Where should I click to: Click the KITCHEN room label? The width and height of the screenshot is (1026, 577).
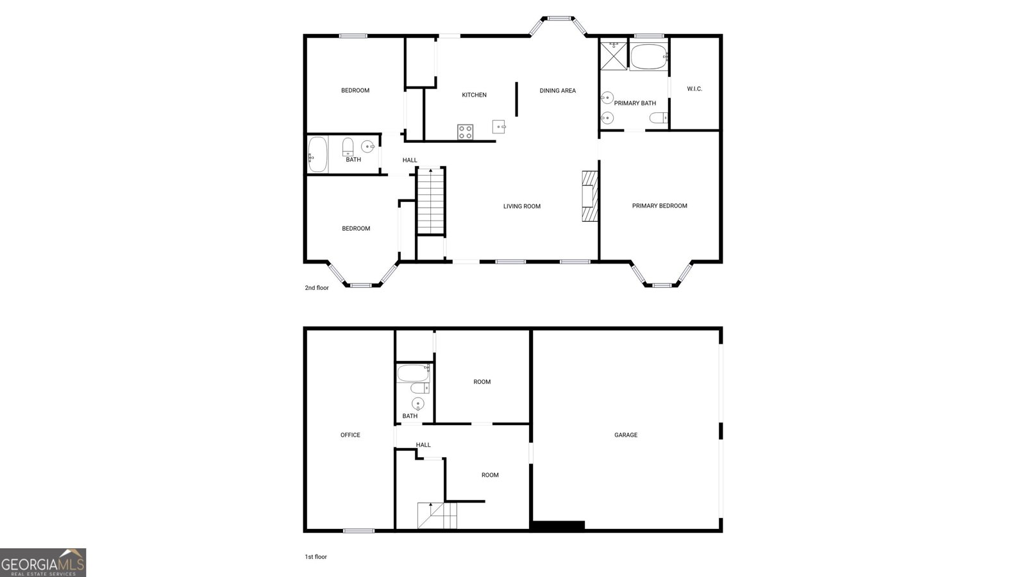(475, 95)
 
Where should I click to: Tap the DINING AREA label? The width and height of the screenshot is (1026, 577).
(557, 90)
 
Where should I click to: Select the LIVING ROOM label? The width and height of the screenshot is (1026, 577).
(521, 206)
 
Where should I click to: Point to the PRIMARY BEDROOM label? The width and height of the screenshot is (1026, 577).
(659, 206)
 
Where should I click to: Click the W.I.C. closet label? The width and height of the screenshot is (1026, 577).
(694, 88)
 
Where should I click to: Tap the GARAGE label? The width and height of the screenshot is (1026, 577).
(626, 435)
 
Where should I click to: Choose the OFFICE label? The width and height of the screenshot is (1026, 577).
(350, 435)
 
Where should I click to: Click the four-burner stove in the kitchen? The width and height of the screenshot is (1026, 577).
(466, 132)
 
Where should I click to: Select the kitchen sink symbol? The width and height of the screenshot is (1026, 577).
(499, 126)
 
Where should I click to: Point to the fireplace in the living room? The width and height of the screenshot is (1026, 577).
(589, 196)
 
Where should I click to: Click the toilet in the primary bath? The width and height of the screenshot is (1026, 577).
(659, 118)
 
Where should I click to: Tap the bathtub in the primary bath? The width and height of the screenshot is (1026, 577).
(649, 57)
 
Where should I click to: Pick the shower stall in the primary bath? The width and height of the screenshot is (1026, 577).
(613, 55)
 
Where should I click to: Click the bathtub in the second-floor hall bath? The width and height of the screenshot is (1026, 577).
(317, 155)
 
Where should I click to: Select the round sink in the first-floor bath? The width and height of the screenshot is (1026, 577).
(417, 403)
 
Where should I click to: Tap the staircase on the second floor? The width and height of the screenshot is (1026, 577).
(431, 201)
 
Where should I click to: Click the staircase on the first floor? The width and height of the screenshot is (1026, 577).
(437, 515)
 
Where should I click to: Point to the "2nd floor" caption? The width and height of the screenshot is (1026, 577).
(317, 288)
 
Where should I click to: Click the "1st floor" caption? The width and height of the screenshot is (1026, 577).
(315, 556)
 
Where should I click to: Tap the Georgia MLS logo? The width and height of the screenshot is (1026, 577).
(43, 563)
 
